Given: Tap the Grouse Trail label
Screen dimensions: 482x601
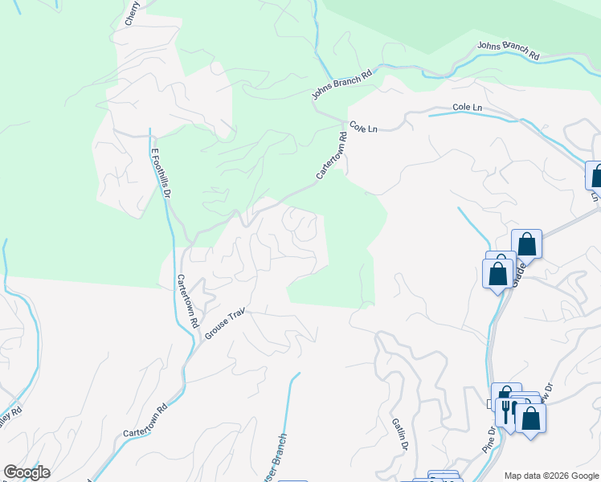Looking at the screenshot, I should pyautogui.click(x=224, y=324).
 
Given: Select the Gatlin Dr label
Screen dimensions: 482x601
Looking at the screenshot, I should pyautogui.click(x=400, y=435).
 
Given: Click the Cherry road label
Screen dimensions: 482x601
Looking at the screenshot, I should pyautogui.click(x=133, y=14).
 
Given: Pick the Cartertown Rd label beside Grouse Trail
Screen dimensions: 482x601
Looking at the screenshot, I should pyautogui.click(x=187, y=301).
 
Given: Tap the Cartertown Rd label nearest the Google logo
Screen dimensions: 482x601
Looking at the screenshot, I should pyautogui.click(x=145, y=420).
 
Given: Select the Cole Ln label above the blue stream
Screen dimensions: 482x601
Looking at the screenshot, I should pyautogui.click(x=467, y=107).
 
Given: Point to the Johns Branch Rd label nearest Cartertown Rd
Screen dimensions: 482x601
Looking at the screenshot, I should pyautogui.click(x=343, y=84).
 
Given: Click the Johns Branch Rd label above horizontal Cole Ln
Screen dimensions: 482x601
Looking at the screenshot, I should pyautogui.click(x=508, y=50).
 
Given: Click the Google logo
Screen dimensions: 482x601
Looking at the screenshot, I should pyautogui.click(x=26, y=472).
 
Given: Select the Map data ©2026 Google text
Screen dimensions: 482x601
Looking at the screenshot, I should pyautogui.click(x=551, y=476).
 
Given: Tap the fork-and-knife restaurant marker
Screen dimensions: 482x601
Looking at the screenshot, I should pyautogui.click(x=506, y=412).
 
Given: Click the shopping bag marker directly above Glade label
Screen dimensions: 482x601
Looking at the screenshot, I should pyautogui.click(x=526, y=243).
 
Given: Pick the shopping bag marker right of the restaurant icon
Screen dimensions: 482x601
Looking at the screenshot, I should pyautogui.click(x=531, y=418).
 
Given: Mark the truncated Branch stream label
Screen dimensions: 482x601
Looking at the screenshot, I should pyautogui.click(x=278, y=459).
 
